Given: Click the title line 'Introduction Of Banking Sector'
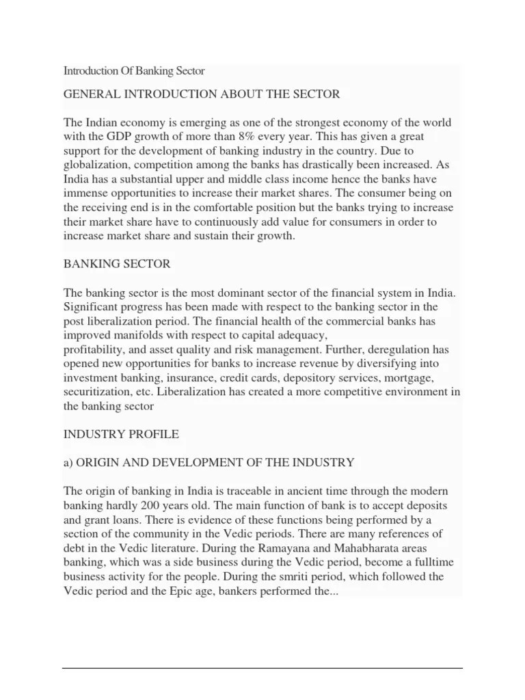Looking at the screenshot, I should [134, 70].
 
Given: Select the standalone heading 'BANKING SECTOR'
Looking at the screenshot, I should [117, 263].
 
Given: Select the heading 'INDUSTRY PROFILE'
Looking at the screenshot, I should [120, 433].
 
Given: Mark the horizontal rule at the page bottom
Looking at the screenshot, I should [262, 668].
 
